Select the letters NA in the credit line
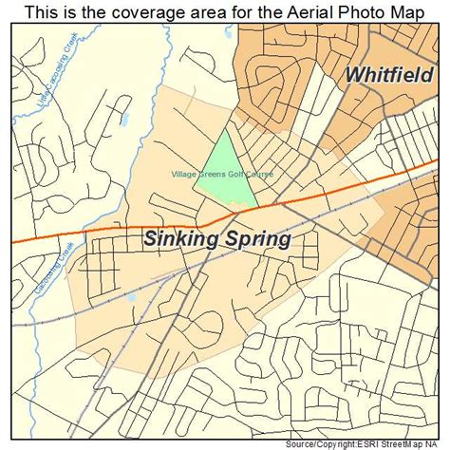[441, 443]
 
